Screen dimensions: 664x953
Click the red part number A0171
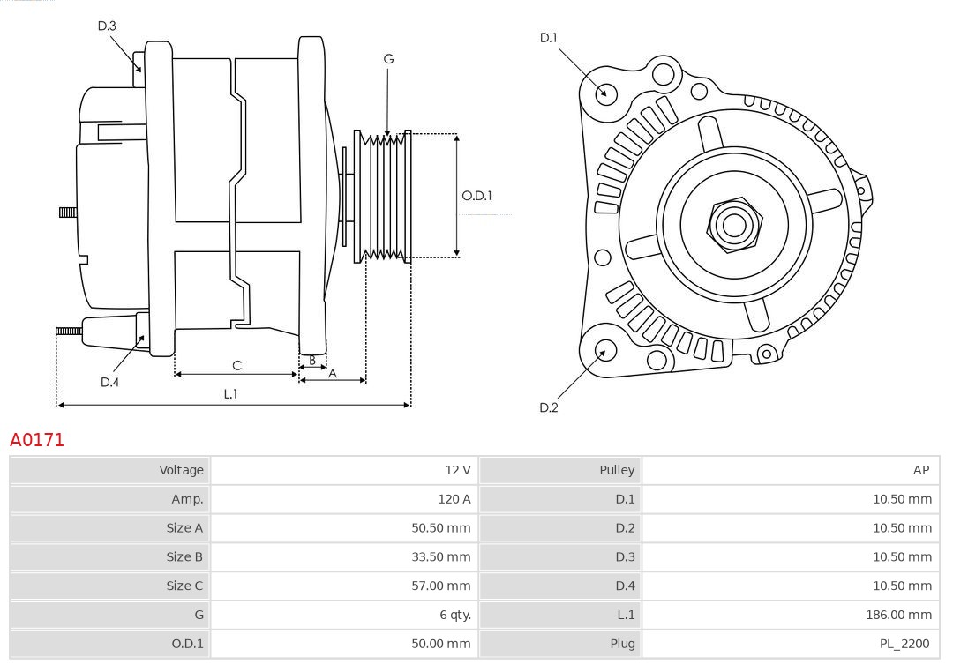point(37,439)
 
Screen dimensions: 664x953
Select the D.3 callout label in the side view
point(107,26)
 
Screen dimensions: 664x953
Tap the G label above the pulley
point(388,59)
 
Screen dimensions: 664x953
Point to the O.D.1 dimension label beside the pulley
point(477,196)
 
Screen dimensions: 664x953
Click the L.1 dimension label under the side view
point(230,394)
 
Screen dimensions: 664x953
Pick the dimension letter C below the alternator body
point(236,365)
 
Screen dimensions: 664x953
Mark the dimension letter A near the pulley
point(333,373)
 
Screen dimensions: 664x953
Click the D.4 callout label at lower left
point(109,382)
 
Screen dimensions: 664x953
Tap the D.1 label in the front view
point(549,38)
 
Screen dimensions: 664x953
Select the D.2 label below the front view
point(549,407)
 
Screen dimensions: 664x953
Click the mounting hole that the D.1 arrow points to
point(606,93)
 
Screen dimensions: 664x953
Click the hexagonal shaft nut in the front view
point(733,225)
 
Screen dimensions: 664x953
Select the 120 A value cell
point(454,499)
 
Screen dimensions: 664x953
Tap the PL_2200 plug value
point(905,644)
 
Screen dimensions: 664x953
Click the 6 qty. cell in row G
point(455,615)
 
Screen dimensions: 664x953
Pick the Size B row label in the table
point(184,556)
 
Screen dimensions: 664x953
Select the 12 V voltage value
point(458,470)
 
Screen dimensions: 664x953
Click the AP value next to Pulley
point(921,470)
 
